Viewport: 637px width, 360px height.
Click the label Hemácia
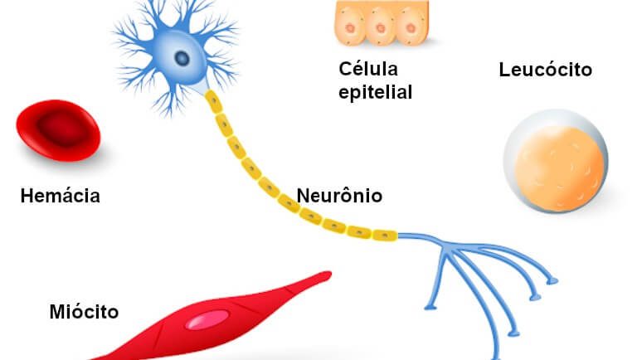coord(61,197)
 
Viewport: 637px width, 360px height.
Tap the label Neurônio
coord(340,197)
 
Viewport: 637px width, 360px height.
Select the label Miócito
coord(84,312)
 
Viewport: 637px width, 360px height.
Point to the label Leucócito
coord(545,70)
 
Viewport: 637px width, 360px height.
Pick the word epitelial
coord(375,91)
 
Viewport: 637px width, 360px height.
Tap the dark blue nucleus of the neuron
coord(182,58)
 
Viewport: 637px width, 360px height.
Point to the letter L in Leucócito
coord(504,70)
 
